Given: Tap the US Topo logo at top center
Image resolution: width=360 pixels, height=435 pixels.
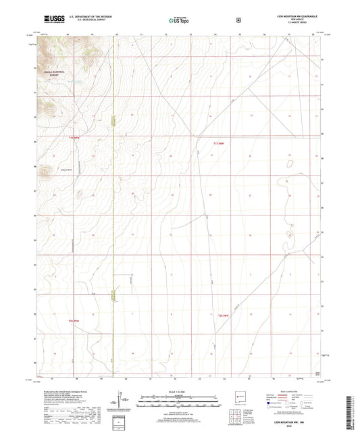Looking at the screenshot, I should pyautogui.click(x=178, y=20).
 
